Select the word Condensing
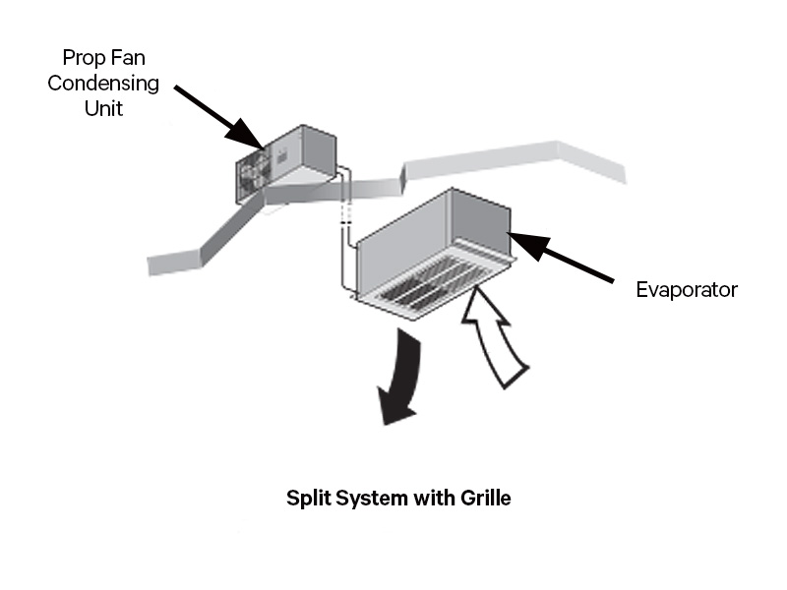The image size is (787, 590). pyautogui.click(x=103, y=83)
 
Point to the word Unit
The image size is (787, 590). pyautogui.click(x=103, y=107)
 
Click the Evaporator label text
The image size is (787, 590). pyautogui.click(x=687, y=289)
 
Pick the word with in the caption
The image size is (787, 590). pyautogui.click(x=429, y=498)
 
